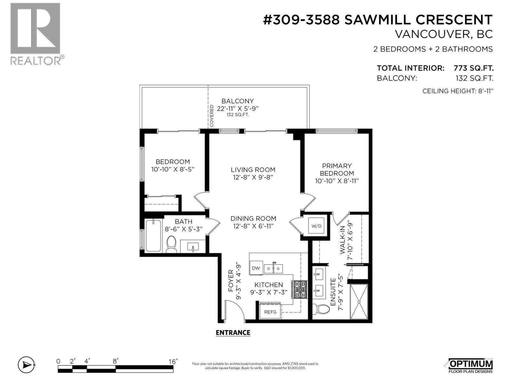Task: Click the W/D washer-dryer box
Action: click(316, 226)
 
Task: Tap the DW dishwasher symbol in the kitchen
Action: click(256, 268)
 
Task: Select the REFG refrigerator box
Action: click(270, 312)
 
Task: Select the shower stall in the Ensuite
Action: click(359, 301)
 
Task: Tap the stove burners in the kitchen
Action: click(300, 289)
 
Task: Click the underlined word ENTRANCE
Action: click(233, 333)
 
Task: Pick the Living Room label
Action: click(253, 170)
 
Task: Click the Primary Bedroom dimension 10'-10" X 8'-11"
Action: click(337, 181)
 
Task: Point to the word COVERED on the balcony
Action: click(212, 116)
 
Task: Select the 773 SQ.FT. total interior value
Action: click(473, 68)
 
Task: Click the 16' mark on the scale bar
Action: click(173, 362)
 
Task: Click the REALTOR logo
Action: click(36, 34)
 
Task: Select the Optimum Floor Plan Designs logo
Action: click(469, 365)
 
